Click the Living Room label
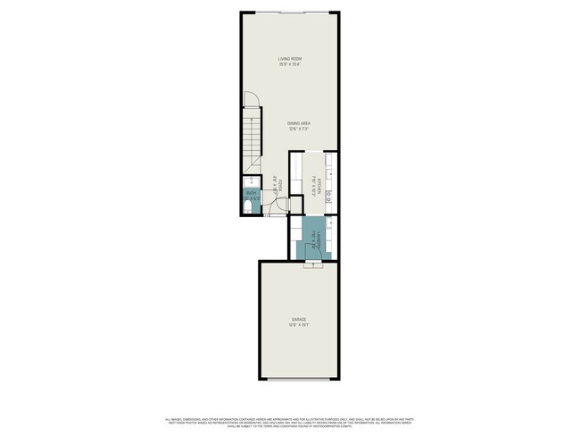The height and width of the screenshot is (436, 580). pos(290,59)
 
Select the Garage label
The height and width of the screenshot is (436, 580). pos(298,319)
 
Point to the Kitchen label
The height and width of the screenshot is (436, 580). pos(320,185)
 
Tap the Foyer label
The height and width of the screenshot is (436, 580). pos(280,186)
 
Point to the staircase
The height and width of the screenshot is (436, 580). pos(253,138)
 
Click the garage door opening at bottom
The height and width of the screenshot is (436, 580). pos(298,379)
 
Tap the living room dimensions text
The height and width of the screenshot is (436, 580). pos(290,64)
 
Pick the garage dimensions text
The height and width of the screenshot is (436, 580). pos(298,324)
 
